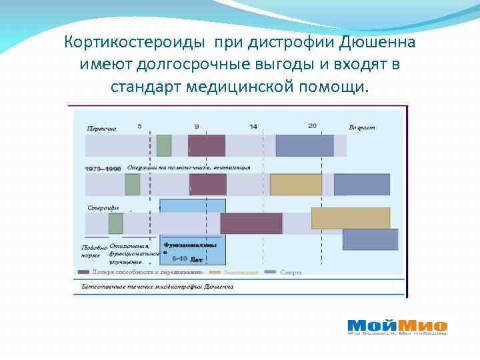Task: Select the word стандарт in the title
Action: click(146, 87)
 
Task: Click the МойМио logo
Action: click(397, 326)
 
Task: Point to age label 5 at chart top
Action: click(139, 126)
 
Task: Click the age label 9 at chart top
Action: click(196, 126)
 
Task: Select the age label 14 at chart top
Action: click(253, 126)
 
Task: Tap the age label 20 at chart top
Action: click(312, 126)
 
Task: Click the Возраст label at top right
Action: click(361, 127)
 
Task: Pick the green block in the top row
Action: click(164, 145)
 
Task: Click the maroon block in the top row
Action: click(206, 145)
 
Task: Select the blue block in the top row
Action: click(304, 145)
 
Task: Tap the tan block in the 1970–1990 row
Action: click(295, 184)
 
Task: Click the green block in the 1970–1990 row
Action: click(133, 184)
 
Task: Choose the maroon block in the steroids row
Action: click(251, 223)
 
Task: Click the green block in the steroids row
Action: click(115, 223)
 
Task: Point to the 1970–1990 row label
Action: click(103, 169)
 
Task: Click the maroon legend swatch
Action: click(83, 272)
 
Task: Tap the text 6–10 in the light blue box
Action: click(179, 258)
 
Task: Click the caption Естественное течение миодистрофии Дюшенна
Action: click(157, 286)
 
